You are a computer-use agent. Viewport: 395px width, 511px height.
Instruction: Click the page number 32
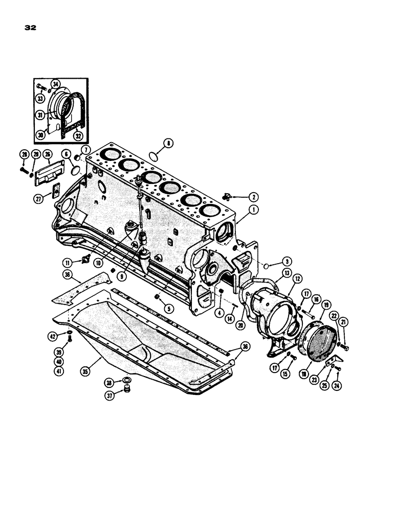(30, 28)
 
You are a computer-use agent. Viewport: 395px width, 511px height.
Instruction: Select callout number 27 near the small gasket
(39, 200)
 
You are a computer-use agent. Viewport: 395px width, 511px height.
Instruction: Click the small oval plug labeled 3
(267, 266)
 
